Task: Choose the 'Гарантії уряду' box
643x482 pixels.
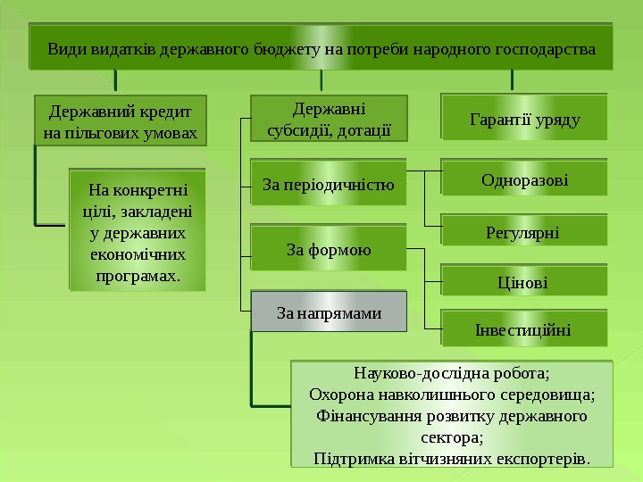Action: click(524, 119)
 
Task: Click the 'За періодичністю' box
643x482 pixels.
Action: click(328, 185)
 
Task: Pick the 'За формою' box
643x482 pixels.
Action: click(328, 249)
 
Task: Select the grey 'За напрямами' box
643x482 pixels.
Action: click(328, 313)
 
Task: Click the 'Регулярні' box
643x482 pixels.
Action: click(524, 232)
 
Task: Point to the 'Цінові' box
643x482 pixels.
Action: click(524, 283)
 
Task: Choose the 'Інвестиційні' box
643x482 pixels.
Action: click(524, 331)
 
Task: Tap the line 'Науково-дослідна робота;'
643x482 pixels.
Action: click(452, 373)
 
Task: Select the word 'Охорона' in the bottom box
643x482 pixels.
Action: click(337, 395)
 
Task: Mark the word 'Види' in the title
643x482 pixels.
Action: click(67, 48)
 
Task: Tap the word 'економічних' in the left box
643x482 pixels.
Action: click(138, 254)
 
